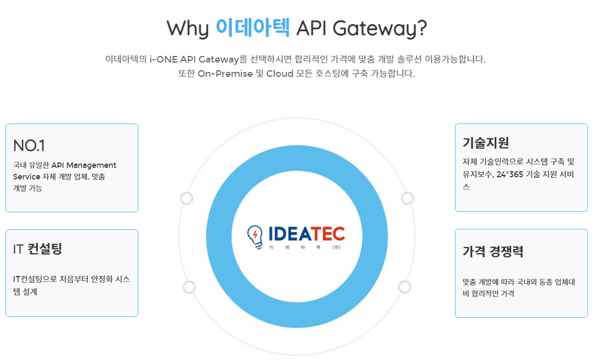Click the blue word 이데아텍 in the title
click(252, 27)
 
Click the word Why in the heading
click(188, 29)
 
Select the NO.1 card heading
click(29, 145)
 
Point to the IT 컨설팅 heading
click(38, 249)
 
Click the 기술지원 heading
click(486, 143)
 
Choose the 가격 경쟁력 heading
click(493, 251)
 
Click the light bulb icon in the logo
click(255, 236)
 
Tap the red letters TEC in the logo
click(328, 234)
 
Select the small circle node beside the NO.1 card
click(187, 198)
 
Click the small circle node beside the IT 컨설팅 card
click(189, 287)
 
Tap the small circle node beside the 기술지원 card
click(407, 198)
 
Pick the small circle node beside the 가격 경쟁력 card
click(405, 287)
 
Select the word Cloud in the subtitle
click(280, 74)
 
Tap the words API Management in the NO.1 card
click(84, 165)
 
